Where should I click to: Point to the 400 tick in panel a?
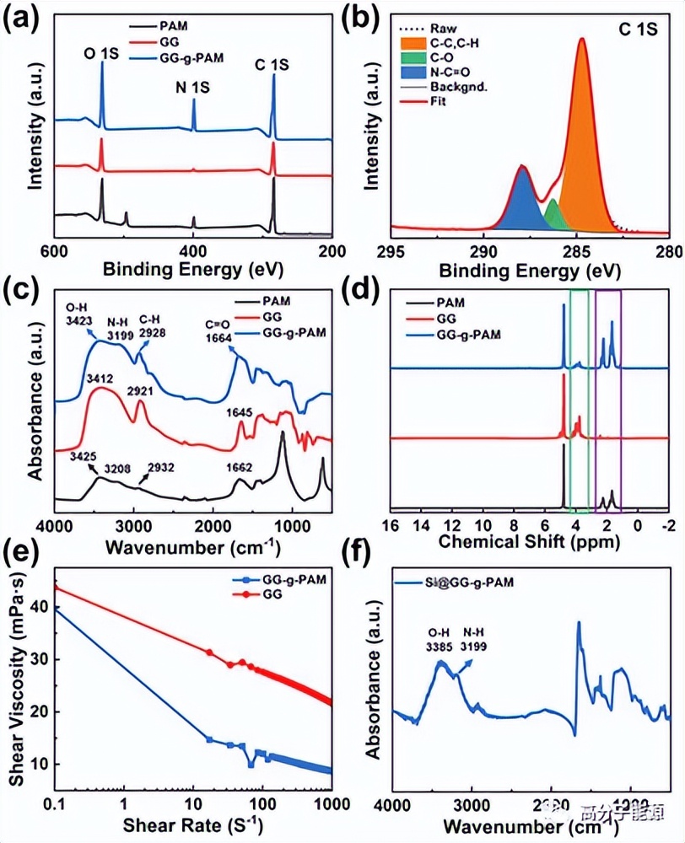(193, 251)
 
